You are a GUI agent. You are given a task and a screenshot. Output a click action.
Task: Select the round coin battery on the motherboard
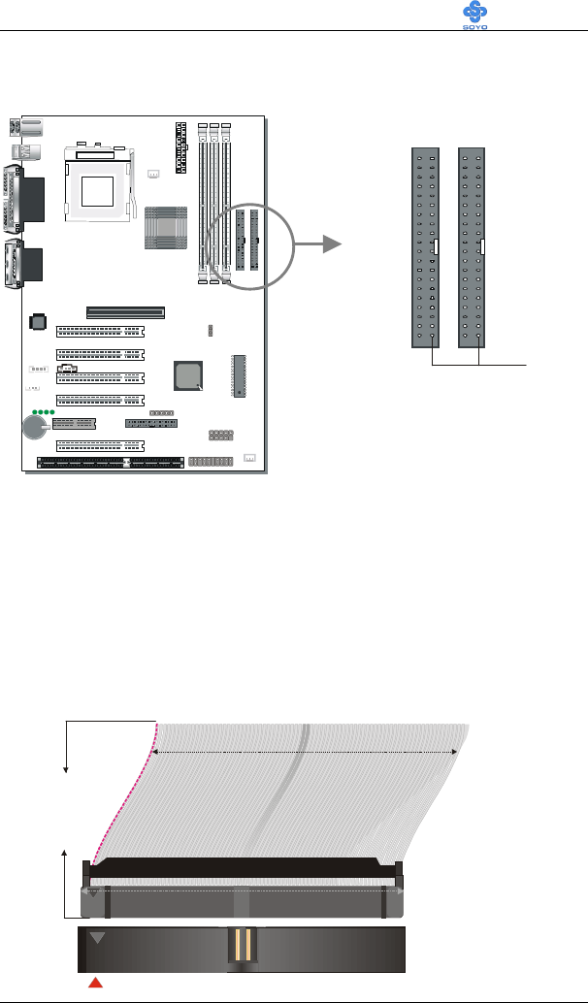38,428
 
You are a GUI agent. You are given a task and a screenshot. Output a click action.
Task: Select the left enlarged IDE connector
425,247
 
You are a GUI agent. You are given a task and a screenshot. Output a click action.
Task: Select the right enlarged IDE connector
473,247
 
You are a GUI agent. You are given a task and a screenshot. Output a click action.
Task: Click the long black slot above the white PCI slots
125,312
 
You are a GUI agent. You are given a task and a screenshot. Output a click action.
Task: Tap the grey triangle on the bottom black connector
96,938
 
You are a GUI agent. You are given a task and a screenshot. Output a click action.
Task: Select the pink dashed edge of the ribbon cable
118,795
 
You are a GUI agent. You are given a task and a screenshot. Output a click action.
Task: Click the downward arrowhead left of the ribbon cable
66,769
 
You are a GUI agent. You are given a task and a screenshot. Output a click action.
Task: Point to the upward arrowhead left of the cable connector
66,852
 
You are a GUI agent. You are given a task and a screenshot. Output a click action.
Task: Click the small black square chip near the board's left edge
38,319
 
